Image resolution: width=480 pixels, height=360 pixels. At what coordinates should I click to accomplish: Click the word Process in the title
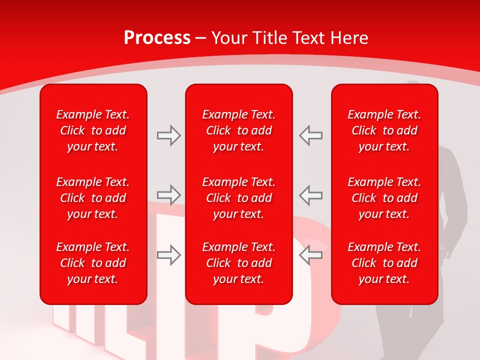tap(157, 38)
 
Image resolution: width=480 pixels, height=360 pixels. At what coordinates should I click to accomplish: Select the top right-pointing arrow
tap(168, 135)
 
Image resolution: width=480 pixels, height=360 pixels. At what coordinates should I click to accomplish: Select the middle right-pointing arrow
tap(168, 194)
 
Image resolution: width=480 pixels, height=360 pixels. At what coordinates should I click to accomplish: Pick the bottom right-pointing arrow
tap(168, 254)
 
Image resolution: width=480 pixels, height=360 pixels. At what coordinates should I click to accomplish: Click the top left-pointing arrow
tap(311, 135)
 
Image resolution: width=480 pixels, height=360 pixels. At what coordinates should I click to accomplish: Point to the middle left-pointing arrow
tap(311, 194)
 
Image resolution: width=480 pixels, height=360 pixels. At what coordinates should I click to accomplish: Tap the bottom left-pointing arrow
tap(311, 254)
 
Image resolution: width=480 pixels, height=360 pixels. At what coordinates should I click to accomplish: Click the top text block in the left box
tap(93, 130)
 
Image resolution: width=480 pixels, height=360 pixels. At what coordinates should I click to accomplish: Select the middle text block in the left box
tap(93, 198)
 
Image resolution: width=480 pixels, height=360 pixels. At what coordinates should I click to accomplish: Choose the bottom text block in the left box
tap(93, 263)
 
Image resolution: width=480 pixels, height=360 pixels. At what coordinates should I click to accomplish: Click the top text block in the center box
tap(239, 130)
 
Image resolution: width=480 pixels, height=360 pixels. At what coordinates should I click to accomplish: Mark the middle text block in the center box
tap(239, 198)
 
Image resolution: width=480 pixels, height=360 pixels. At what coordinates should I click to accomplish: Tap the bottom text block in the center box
tap(239, 263)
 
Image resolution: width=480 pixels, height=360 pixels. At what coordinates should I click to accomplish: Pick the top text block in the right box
tap(384, 130)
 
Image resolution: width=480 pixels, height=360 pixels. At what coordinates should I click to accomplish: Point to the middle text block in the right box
tap(384, 198)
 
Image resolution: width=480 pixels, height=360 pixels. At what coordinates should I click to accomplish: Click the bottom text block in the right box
tap(384, 263)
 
